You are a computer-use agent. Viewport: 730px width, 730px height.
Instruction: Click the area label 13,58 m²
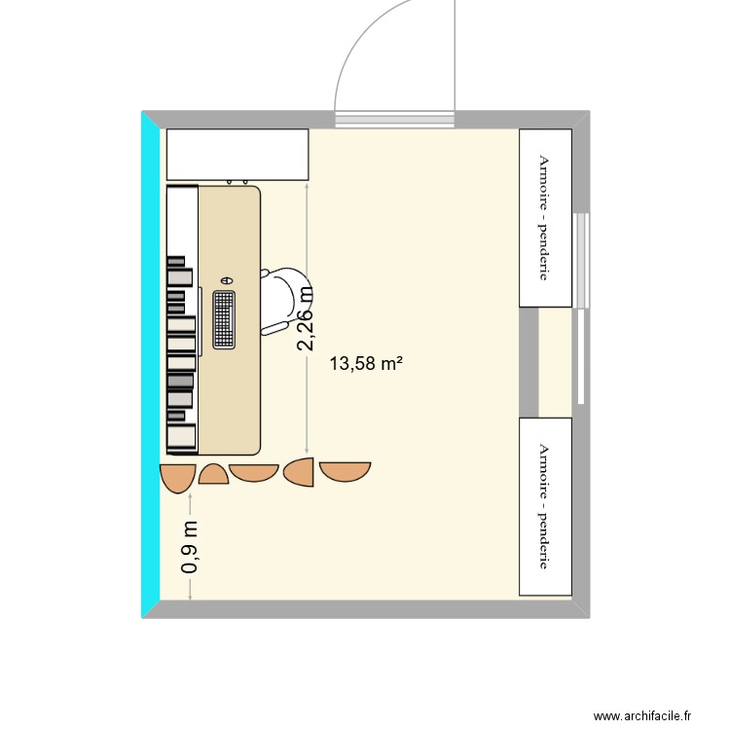coord(366,363)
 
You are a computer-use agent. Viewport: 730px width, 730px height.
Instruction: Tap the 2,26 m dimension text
coord(306,318)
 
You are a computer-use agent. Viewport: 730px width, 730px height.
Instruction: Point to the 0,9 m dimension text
coord(190,547)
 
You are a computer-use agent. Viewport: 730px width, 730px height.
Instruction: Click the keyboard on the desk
coord(224,320)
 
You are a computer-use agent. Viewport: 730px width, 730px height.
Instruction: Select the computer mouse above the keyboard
coord(227,280)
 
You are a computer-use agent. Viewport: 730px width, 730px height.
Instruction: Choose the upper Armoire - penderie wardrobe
coord(545,218)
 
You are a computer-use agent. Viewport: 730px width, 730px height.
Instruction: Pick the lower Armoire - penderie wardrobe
coord(545,506)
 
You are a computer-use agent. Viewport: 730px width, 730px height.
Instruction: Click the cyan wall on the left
coord(150,365)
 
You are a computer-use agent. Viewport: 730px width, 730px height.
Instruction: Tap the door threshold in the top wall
coord(395,120)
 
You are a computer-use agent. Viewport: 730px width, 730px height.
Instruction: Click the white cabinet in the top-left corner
coord(237,155)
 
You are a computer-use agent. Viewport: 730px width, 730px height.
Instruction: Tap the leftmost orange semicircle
coord(177,478)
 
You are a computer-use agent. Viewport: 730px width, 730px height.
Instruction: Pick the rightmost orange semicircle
coord(345,472)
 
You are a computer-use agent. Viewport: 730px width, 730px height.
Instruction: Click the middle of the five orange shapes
coord(254,472)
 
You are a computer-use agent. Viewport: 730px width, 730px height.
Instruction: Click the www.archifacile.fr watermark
coord(642,715)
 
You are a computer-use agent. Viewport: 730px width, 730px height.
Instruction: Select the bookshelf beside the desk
coord(183,320)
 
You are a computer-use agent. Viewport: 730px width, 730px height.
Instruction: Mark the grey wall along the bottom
coord(366,609)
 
